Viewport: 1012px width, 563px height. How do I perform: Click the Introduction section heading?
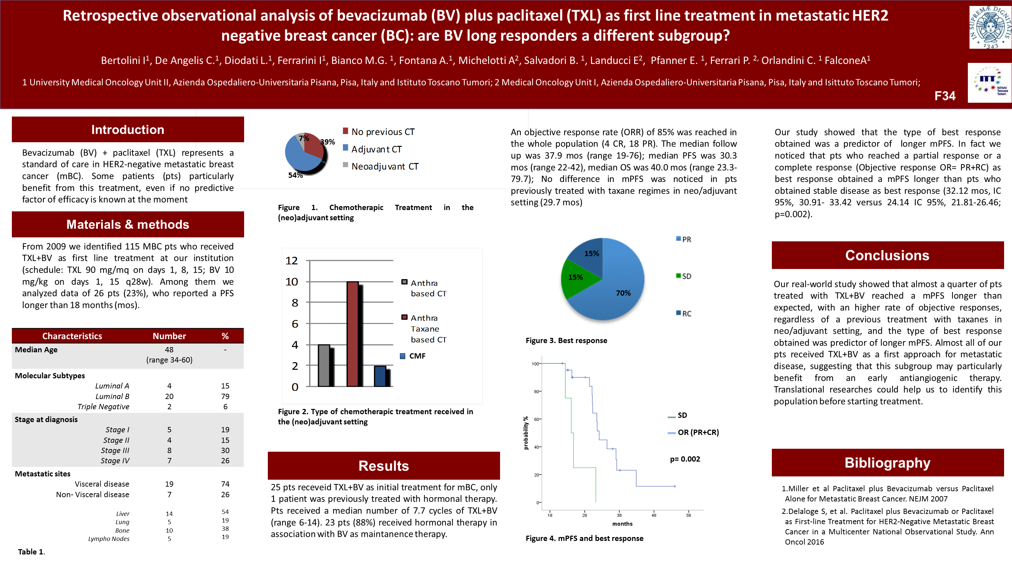coord(128,130)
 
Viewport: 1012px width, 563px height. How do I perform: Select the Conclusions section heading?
coord(887,255)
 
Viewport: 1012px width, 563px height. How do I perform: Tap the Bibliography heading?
coord(887,463)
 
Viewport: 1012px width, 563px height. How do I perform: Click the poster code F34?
coord(945,96)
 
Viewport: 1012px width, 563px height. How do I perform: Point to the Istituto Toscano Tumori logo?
coord(989,83)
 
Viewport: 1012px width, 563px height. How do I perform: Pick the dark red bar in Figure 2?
coord(353,334)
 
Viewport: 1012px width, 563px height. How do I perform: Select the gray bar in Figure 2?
coord(324,365)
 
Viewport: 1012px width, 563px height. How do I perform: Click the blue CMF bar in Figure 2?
coord(380,376)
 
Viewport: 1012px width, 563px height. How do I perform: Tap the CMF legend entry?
coord(416,356)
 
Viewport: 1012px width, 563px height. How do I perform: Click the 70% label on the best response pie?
coord(623,293)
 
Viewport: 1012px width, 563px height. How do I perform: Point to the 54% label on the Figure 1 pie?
coord(295,175)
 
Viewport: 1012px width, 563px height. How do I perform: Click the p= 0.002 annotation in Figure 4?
coord(685,459)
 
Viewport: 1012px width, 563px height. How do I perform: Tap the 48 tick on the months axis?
coord(654,515)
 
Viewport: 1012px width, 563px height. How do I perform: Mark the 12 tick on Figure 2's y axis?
coord(292,261)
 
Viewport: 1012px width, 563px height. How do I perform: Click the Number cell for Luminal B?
coord(169,396)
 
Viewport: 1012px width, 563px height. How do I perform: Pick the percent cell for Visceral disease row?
coord(225,484)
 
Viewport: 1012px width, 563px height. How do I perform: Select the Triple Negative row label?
coord(103,407)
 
